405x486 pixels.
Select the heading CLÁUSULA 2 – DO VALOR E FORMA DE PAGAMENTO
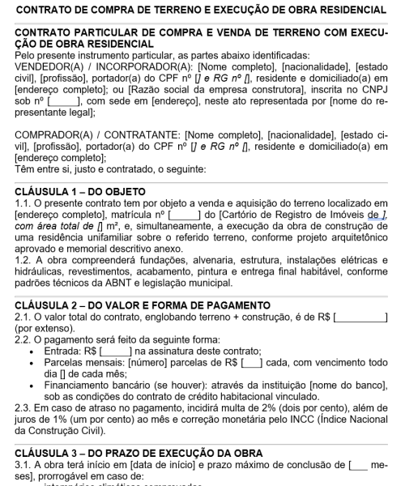pos(142,305)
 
